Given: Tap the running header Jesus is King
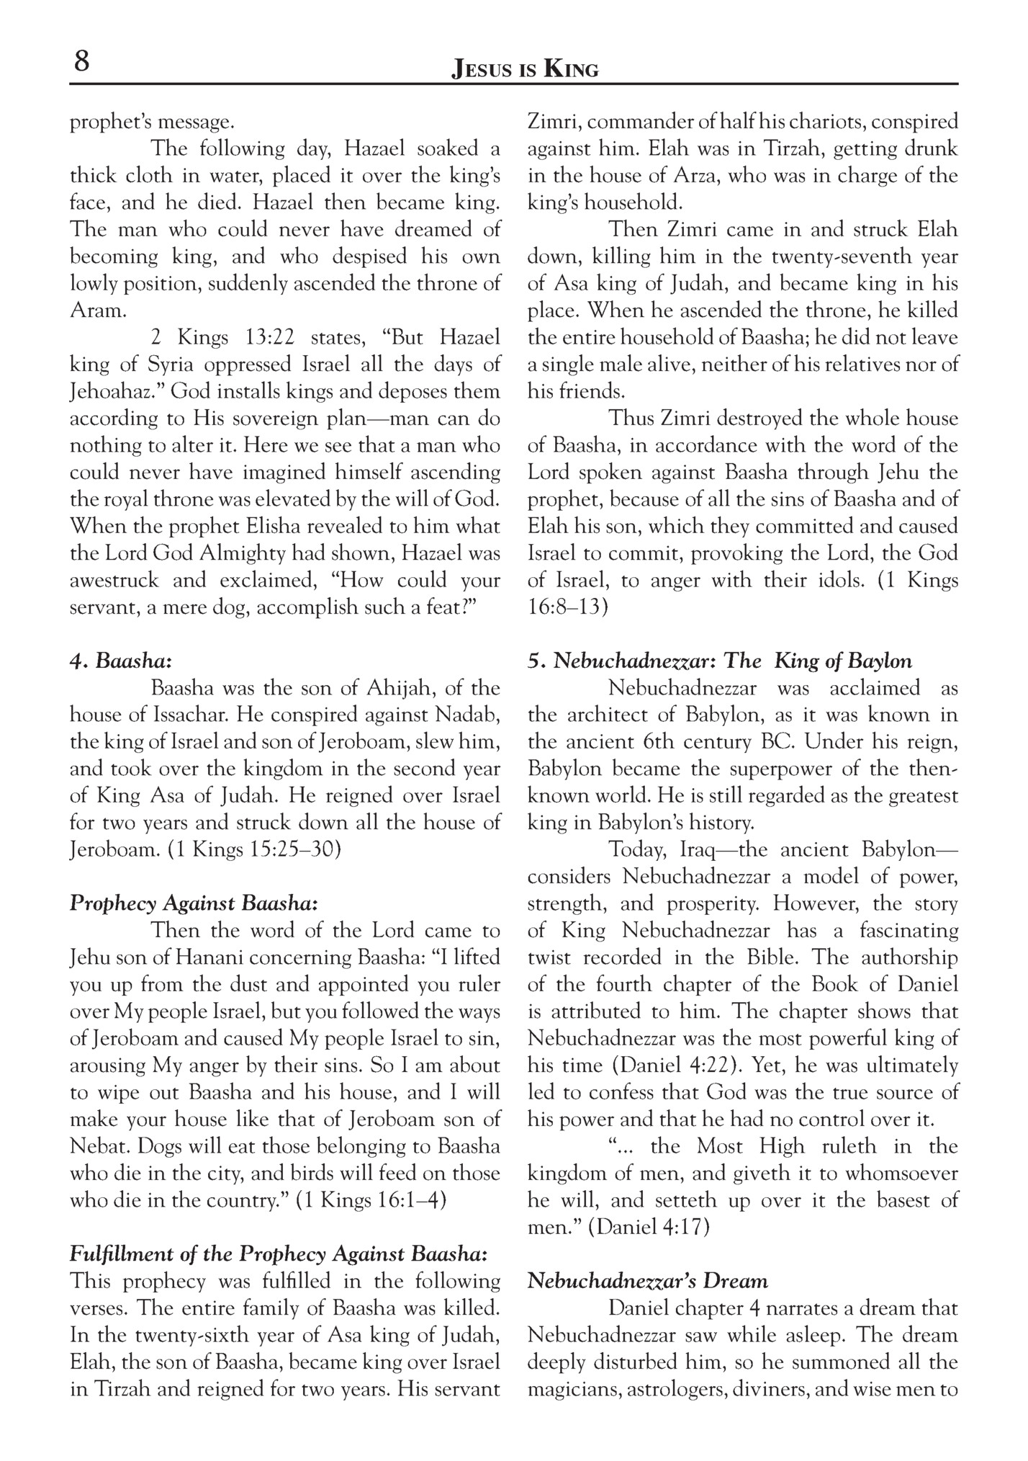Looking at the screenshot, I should (525, 70).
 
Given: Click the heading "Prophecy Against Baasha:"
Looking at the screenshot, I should (194, 903).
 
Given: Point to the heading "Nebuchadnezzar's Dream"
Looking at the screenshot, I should (648, 1281).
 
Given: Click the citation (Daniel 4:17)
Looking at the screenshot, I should (649, 1227).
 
